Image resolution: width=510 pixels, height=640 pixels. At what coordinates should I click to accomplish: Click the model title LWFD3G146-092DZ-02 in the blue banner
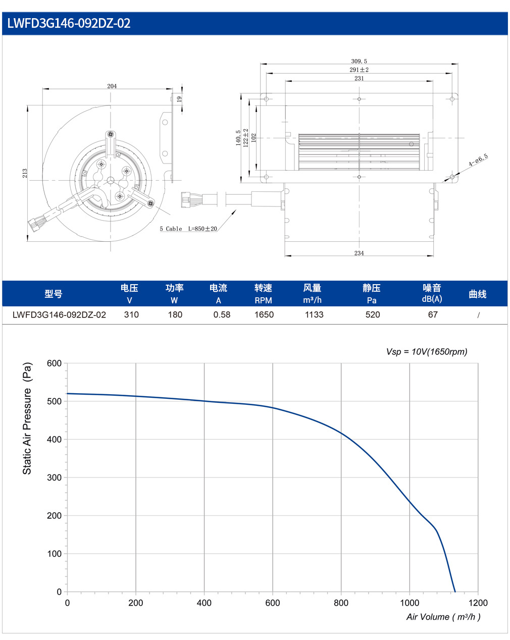(69, 23)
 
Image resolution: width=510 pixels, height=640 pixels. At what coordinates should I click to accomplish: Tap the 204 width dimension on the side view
(112, 86)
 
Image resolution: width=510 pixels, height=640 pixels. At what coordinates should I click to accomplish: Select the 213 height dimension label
(25, 174)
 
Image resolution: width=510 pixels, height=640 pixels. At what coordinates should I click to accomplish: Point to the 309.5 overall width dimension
(359, 61)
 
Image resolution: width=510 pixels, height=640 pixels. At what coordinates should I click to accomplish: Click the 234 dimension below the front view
(359, 253)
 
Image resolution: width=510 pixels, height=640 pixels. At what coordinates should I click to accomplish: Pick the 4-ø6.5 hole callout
(478, 160)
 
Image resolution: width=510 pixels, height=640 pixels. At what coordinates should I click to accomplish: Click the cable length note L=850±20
(202, 229)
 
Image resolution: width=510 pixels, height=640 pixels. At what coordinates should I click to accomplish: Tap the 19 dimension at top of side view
(179, 99)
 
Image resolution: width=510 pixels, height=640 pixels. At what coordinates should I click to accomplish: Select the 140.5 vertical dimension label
(238, 138)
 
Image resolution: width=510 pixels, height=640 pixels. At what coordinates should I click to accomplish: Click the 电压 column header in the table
(129, 288)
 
